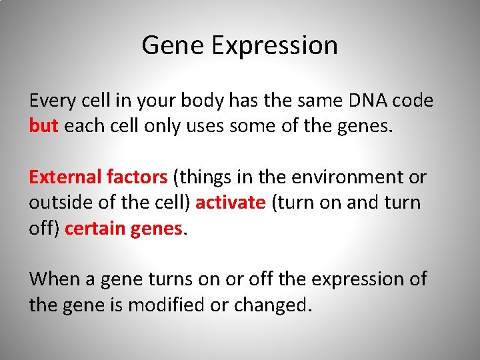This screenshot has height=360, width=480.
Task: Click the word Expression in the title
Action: pos(275,46)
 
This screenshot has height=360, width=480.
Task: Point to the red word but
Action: pos(44,126)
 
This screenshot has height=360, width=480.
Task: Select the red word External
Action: pos(65,177)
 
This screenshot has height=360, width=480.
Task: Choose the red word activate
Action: pos(231,203)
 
